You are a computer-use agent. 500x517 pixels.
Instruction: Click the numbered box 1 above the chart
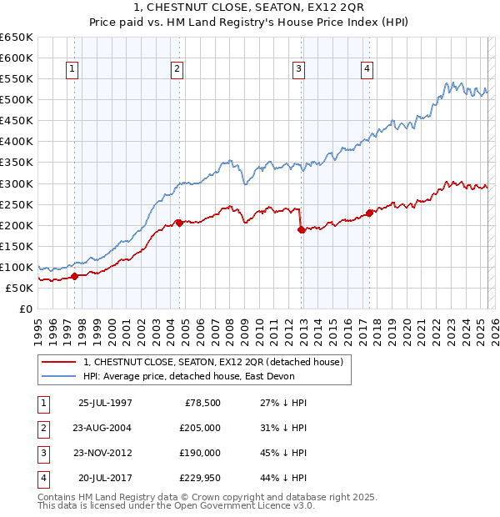pyautogui.click(x=73, y=70)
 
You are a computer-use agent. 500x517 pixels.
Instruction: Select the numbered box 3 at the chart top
pyautogui.click(x=298, y=70)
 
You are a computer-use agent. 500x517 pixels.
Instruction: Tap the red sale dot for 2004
pyautogui.click(x=178, y=223)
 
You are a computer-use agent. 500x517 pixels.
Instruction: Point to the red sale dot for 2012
pyautogui.click(x=302, y=229)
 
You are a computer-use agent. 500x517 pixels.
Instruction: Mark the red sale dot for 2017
pyautogui.click(x=369, y=213)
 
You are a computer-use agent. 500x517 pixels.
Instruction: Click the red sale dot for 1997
pyautogui.click(x=74, y=276)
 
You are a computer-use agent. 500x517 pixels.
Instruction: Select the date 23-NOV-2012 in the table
pyautogui.click(x=105, y=453)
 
